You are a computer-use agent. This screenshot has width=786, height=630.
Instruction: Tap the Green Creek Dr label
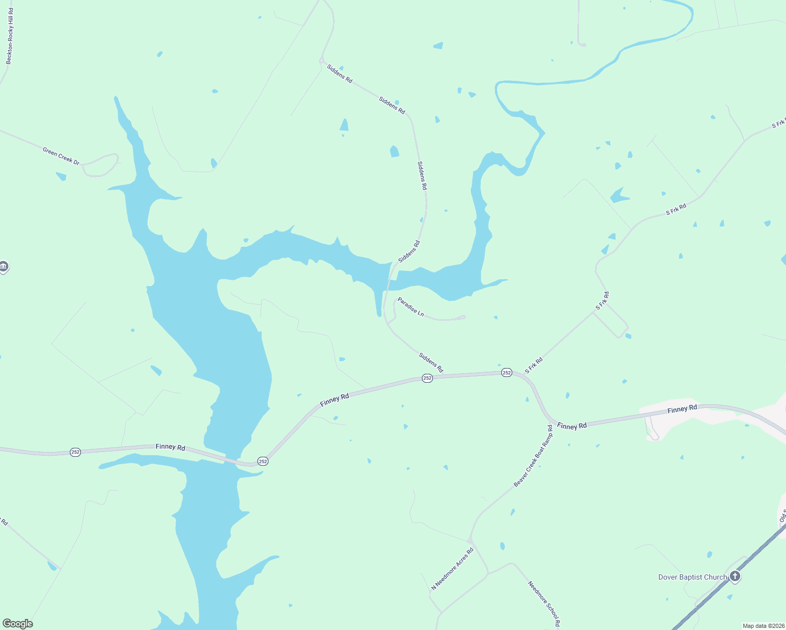click(x=61, y=156)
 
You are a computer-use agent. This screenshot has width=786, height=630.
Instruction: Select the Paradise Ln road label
click(x=411, y=307)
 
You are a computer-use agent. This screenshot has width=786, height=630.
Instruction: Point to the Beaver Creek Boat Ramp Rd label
click(x=533, y=456)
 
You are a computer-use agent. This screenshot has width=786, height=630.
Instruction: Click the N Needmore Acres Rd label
click(x=452, y=569)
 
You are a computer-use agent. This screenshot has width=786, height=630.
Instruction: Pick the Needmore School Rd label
click(x=544, y=604)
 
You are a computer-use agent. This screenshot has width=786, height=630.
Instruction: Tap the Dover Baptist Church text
click(x=692, y=577)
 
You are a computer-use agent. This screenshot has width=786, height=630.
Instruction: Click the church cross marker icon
click(x=735, y=577)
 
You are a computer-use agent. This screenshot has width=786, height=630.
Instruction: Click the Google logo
click(x=17, y=624)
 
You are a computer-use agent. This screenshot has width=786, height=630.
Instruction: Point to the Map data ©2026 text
click(x=762, y=626)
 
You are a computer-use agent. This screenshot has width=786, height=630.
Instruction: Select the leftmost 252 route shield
click(x=76, y=452)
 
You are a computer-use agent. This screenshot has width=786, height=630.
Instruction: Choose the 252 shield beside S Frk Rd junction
click(x=506, y=372)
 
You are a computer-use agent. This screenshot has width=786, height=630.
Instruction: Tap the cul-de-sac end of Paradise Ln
click(x=462, y=317)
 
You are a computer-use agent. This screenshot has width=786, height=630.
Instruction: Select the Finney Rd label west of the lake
click(x=170, y=447)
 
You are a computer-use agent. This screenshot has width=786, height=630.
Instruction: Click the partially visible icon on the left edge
click(x=3, y=267)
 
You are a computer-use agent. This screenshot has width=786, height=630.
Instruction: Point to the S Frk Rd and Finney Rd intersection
click(x=524, y=373)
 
